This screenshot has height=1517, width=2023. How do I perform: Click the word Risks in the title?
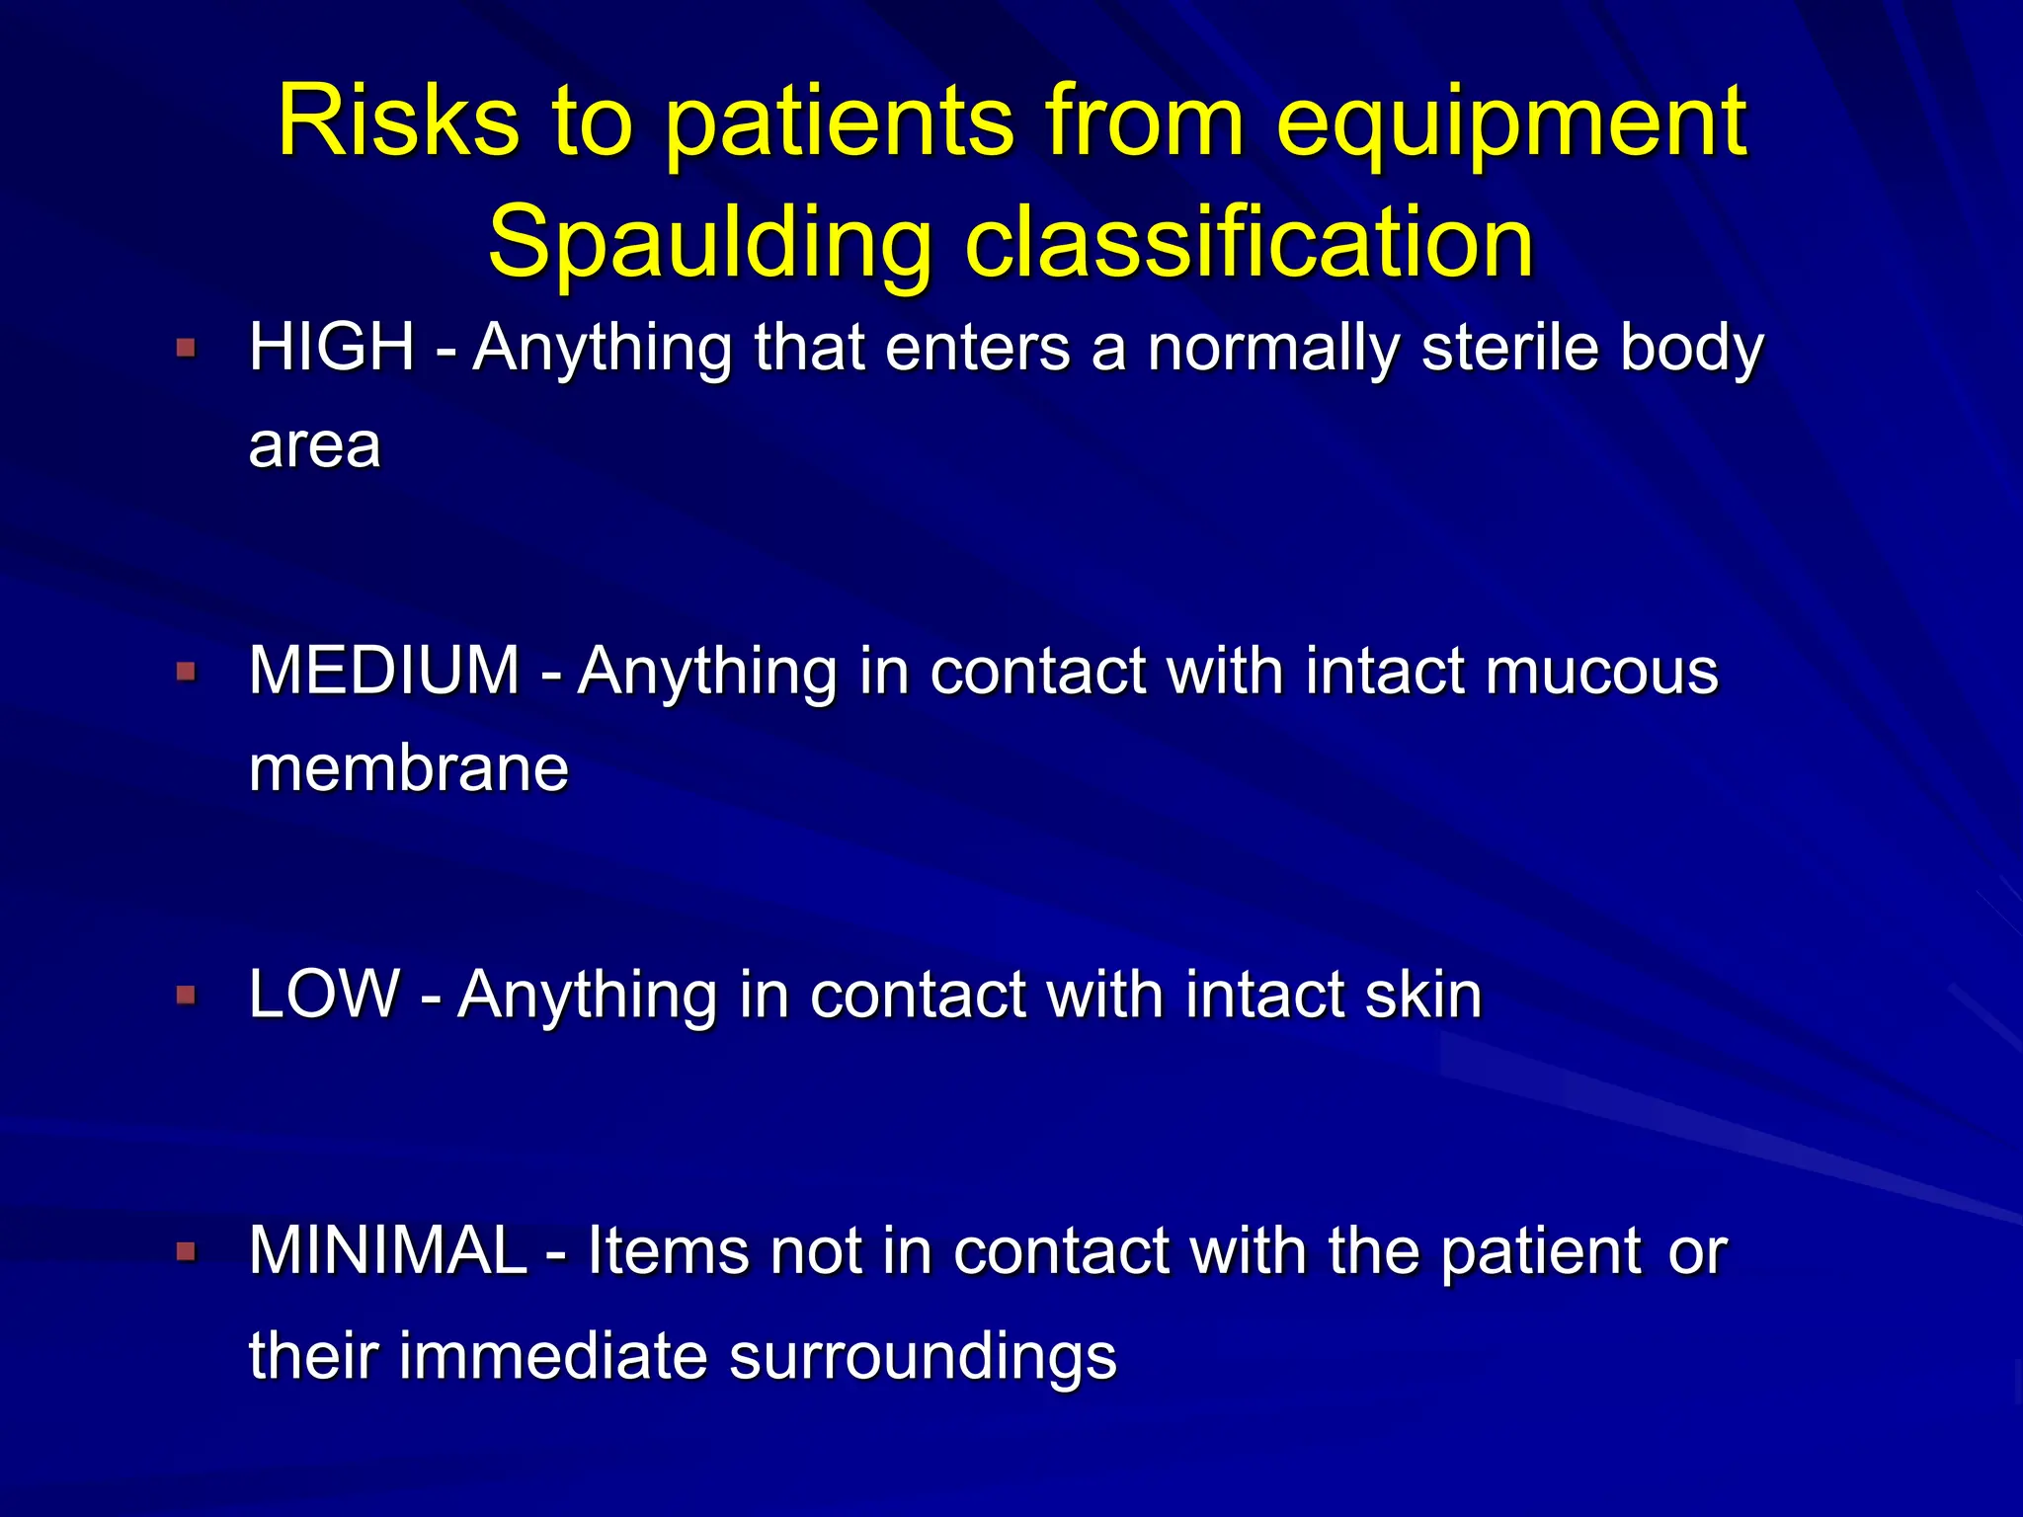pyautogui.click(x=398, y=121)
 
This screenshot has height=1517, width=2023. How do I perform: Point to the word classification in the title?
pyautogui.click(x=1249, y=242)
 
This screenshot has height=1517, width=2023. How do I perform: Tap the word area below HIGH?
pyautogui.click(x=314, y=447)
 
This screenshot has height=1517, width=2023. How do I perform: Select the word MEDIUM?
pyautogui.click(x=384, y=671)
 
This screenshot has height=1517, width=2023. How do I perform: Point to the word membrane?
pyautogui.click(x=409, y=768)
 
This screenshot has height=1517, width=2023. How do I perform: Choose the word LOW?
pyautogui.click(x=325, y=994)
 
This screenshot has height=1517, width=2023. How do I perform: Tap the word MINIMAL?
pyautogui.click(x=388, y=1251)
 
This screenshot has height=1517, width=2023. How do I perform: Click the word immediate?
pyautogui.click(x=554, y=1356)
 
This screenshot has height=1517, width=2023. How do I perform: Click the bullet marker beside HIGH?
pyautogui.click(x=186, y=348)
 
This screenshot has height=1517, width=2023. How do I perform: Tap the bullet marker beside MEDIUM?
pyautogui.click(x=186, y=672)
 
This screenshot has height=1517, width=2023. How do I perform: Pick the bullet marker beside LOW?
pyautogui.click(x=186, y=994)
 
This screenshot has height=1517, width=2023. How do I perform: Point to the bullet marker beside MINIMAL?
pyautogui.click(x=186, y=1252)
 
